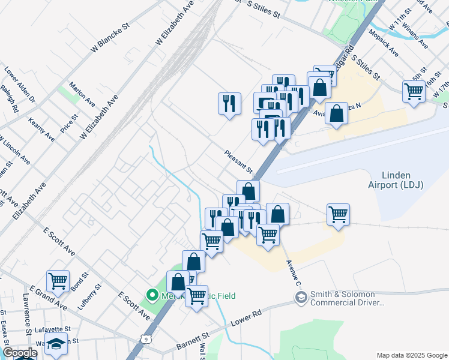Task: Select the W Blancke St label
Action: pos(110,40)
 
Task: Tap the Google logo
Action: pos(20,353)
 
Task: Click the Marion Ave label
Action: pos(82,92)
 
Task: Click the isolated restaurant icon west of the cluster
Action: pos(229,103)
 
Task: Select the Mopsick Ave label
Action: pos(383,43)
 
